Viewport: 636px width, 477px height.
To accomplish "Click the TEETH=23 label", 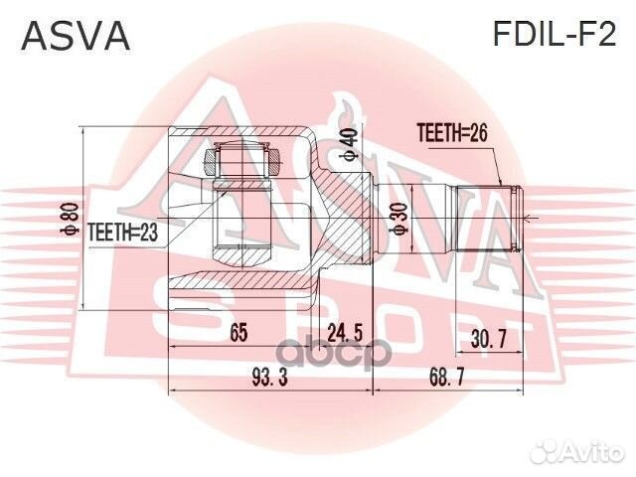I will (124, 232).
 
